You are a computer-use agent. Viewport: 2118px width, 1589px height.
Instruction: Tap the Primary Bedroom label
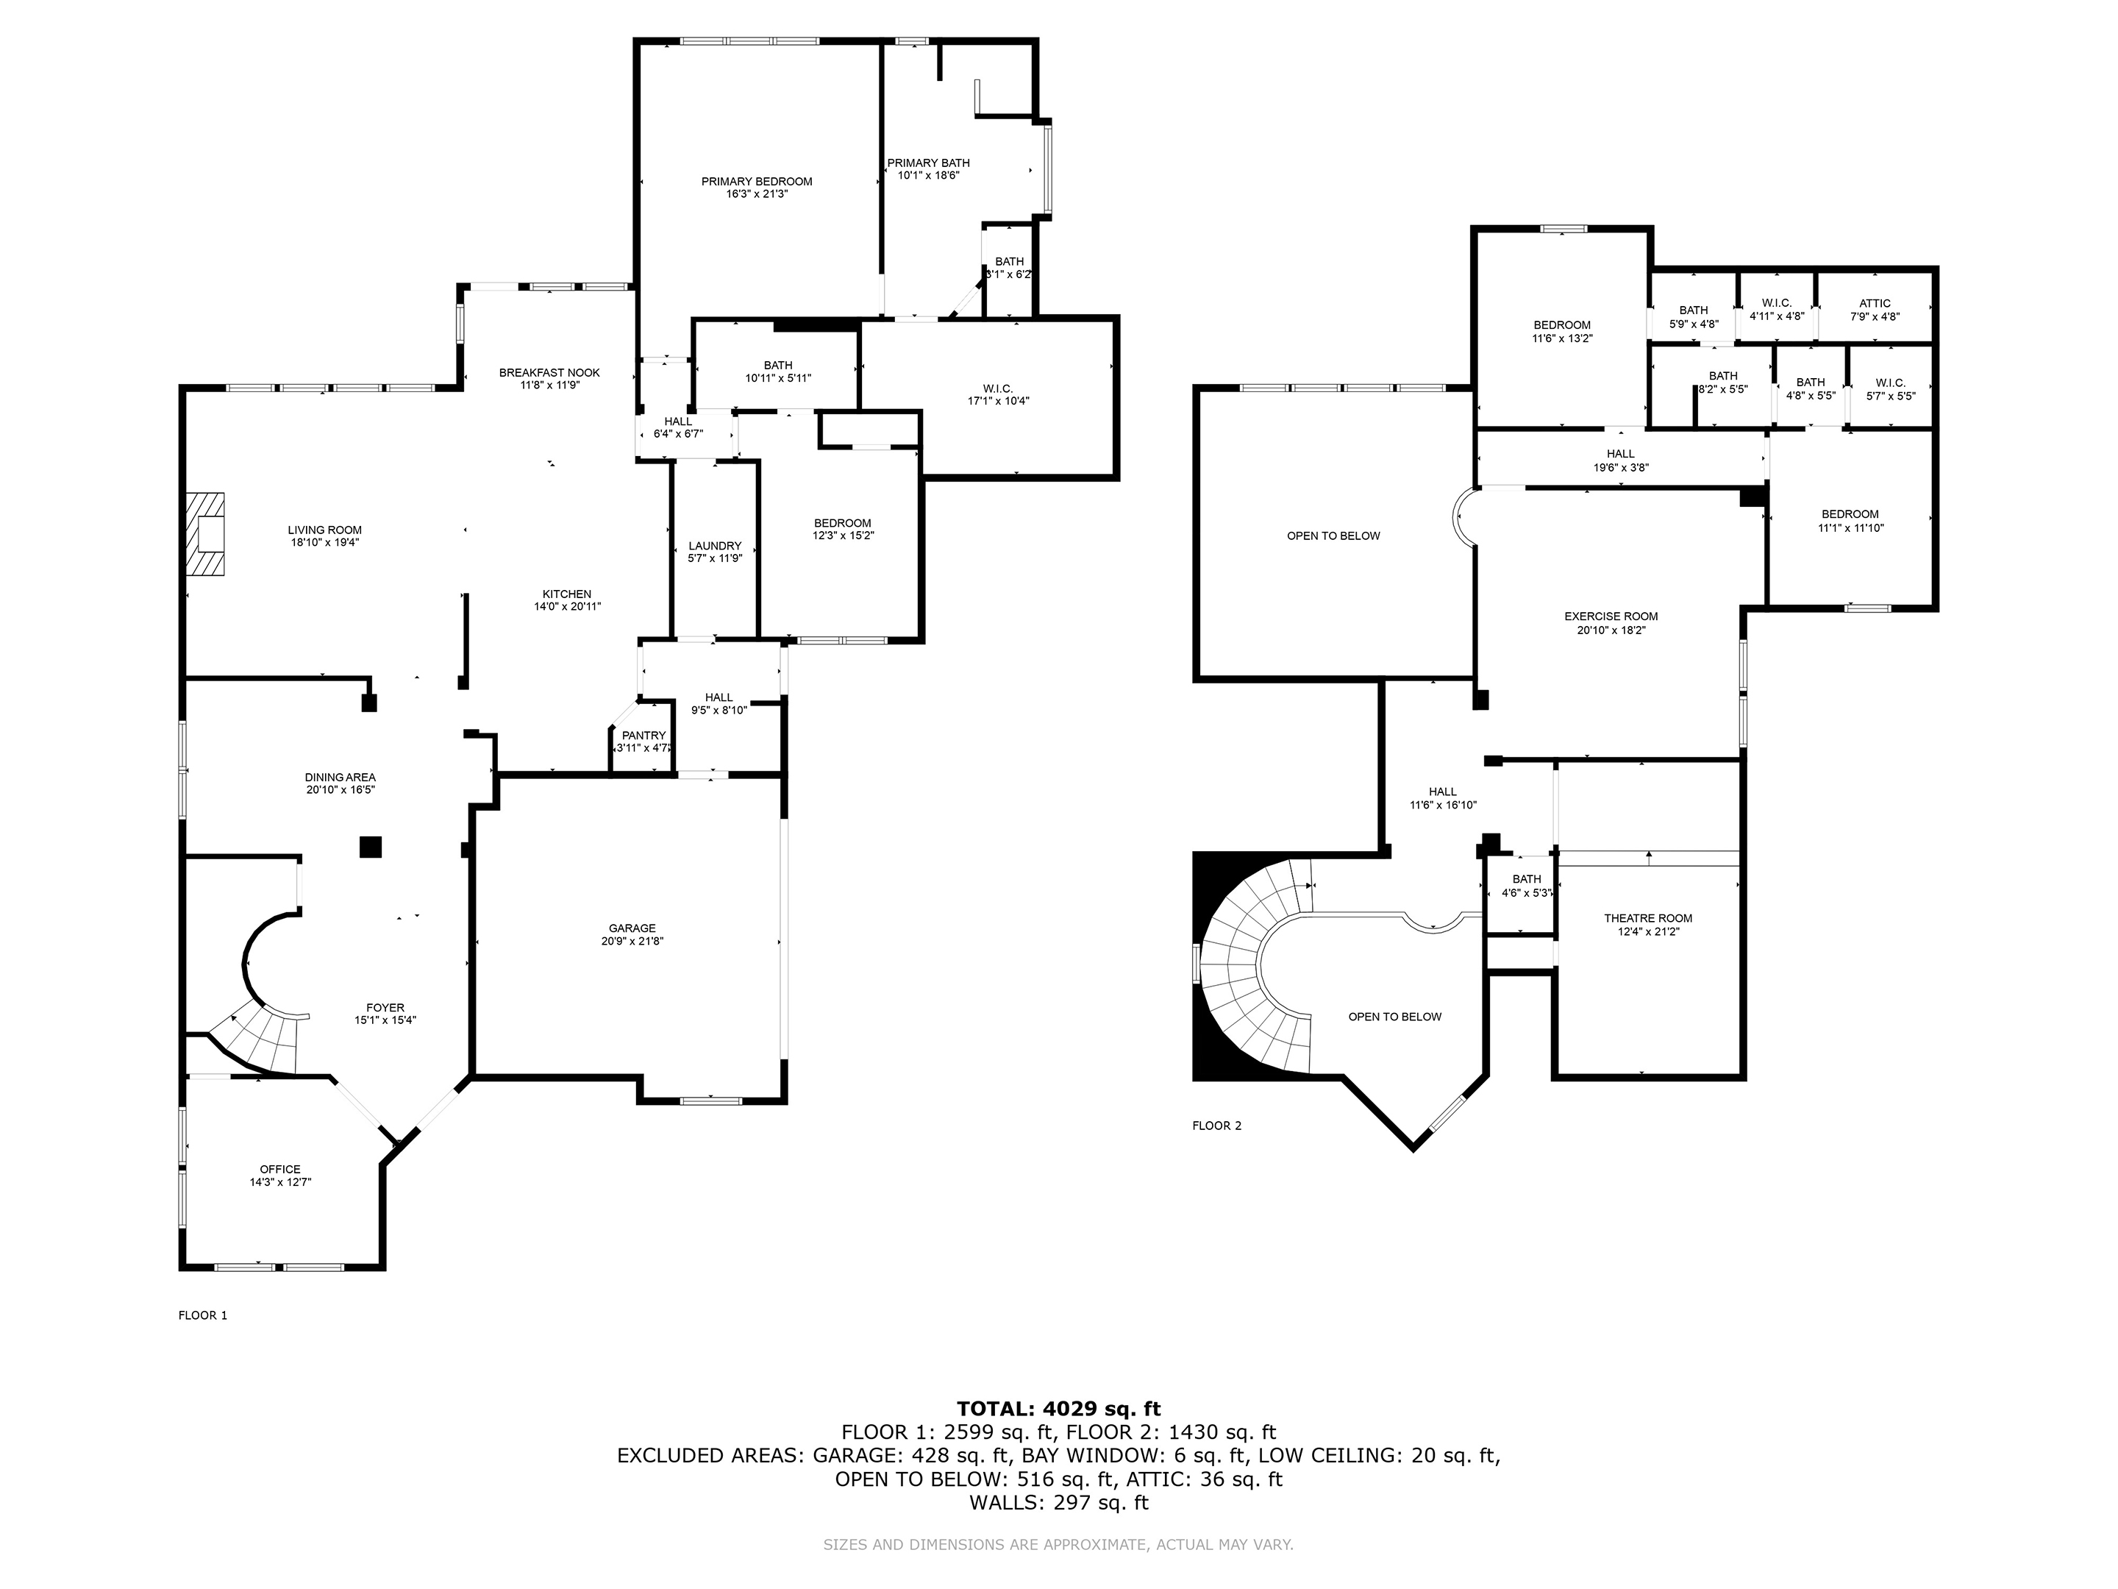[x=757, y=188]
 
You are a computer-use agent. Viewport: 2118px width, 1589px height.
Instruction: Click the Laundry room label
[x=714, y=552]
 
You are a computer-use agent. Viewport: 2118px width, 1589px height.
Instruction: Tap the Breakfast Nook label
[x=549, y=378]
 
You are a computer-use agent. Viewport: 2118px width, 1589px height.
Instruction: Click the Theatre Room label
[x=1648, y=924]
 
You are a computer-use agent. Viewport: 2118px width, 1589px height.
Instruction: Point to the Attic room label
[x=1875, y=310]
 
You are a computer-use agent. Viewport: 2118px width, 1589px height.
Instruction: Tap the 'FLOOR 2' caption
[x=1216, y=1126]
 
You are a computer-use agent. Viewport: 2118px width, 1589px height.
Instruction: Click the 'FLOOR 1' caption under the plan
[x=203, y=1315]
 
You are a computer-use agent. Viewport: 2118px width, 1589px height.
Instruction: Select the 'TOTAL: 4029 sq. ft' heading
[x=1058, y=1408]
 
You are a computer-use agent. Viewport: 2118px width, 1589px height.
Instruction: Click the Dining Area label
[x=340, y=783]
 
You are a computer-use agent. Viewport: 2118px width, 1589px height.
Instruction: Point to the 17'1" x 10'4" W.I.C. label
[x=998, y=394]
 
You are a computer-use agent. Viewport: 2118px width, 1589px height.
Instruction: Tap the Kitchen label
[x=567, y=600]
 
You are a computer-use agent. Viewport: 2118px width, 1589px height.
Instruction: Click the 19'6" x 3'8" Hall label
[x=1620, y=461]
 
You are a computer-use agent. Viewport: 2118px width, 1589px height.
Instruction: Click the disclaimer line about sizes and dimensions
[x=1058, y=1544]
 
